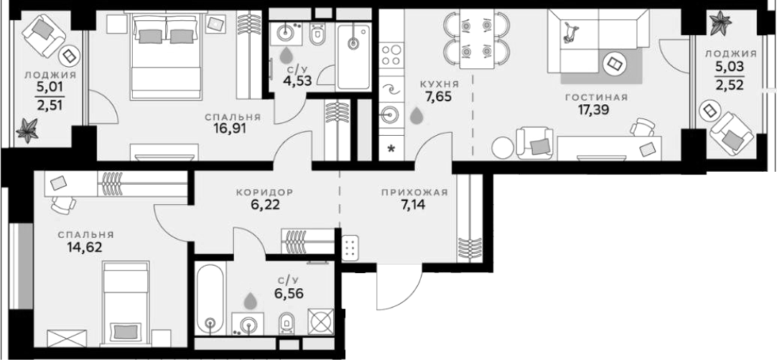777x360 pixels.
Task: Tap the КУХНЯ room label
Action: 436,83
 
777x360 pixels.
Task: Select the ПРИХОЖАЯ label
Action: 415,193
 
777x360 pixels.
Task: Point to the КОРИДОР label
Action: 265,191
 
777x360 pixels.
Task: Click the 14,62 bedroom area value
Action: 85,247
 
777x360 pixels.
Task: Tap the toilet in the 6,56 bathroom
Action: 286,324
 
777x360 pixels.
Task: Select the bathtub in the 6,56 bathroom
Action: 211,298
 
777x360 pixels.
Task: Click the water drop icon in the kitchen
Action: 417,115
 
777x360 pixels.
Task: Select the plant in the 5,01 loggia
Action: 27,130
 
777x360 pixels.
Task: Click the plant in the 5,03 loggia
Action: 720,22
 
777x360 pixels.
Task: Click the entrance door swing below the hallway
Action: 399,287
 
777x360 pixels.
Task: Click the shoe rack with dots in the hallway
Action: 351,247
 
